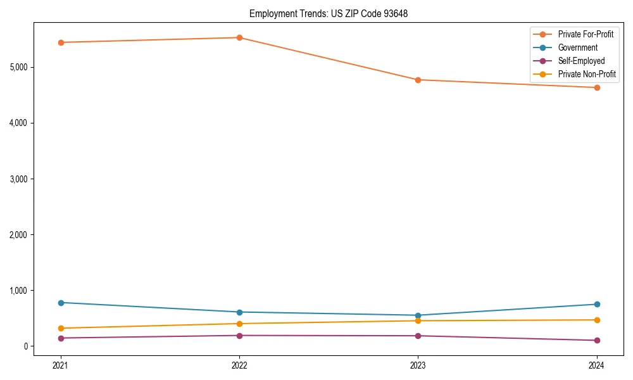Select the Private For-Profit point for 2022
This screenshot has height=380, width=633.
239,37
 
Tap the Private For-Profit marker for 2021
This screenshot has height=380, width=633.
61,42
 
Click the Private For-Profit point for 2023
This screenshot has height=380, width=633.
418,80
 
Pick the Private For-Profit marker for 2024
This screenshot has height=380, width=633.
596,87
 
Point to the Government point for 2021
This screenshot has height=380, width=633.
61,303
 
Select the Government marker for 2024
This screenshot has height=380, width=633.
596,304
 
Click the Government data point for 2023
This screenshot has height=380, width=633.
418,315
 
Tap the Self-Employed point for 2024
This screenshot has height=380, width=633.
596,340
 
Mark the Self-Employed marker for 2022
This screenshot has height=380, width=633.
239,336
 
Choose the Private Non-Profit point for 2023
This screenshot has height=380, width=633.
418,320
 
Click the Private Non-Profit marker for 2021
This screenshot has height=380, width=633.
61,328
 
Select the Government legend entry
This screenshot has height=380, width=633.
577,47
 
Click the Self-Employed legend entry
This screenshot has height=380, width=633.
581,61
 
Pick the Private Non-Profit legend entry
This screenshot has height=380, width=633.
586,74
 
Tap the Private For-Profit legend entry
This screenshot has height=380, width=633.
586,34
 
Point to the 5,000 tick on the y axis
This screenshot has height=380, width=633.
21,67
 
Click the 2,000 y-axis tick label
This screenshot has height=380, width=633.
21,235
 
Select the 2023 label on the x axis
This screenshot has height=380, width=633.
418,365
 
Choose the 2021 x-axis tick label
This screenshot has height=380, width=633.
61,365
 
